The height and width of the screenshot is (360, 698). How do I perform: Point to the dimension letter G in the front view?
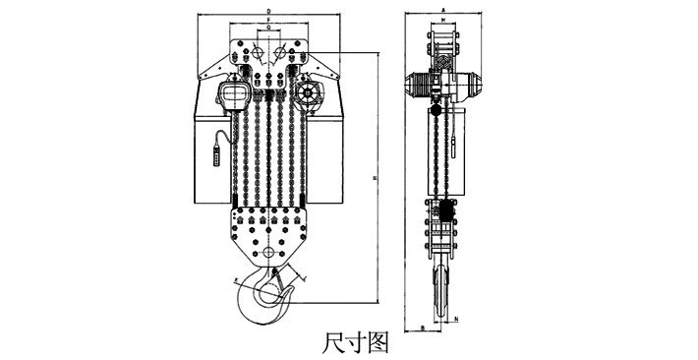[x=268, y=30]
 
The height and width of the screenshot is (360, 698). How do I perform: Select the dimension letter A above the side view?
[x=443, y=10]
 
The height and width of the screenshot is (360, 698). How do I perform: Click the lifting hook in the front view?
[x=262, y=300]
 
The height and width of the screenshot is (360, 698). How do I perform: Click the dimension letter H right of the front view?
[x=379, y=177]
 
